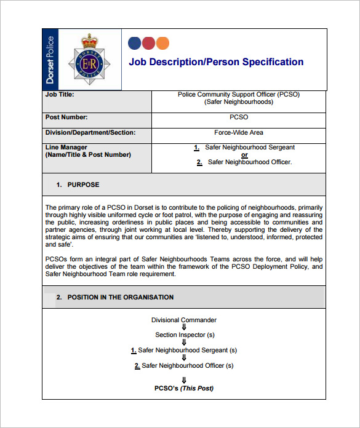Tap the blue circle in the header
(134, 43)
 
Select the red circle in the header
(148, 43)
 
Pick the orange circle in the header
(162, 43)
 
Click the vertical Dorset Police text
(51, 60)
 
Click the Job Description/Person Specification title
(216, 62)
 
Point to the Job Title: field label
(60, 95)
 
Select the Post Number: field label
(66, 117)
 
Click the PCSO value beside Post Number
(239, 117)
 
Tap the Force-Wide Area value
(239, 132)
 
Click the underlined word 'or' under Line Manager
(244, 155)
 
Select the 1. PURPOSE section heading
(78, 184)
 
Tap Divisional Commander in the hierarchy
(184, 320)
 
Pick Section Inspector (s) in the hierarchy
(185, 335)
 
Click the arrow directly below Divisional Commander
(184, 327)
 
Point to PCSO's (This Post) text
(184, 388)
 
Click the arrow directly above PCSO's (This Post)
(184, 380)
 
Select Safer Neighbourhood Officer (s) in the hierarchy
(184, 365)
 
